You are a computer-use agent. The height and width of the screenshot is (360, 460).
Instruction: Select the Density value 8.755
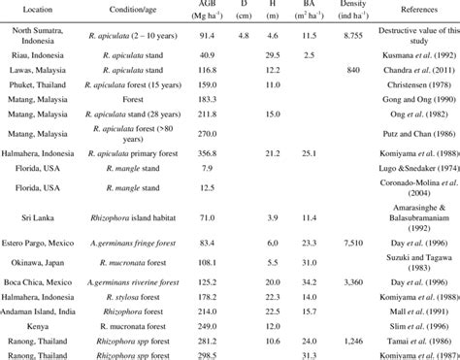coord(353,34)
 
